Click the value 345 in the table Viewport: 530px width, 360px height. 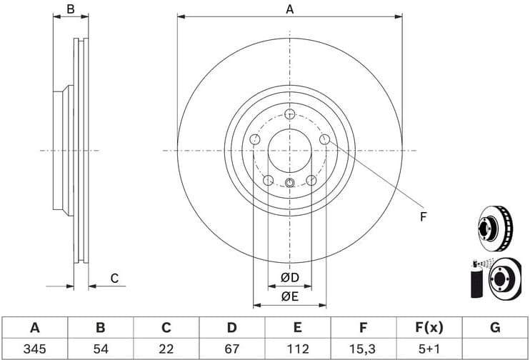(34, 349)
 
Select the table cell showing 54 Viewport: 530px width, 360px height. (101, 349)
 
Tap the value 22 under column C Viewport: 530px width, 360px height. (166, 349)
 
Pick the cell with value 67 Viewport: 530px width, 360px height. (231, 349)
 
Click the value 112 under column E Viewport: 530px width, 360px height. (297, 349)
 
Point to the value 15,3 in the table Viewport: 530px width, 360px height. (363, 349)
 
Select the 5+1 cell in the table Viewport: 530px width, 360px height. (429, 349)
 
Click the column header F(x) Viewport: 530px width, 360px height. (429, 328)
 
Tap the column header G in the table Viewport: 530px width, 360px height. (494, 328)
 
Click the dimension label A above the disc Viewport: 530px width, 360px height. (289, 9)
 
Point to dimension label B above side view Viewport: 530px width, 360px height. (70, 9)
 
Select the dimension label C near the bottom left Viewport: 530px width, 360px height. (114, 279)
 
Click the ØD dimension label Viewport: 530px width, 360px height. (289, 277)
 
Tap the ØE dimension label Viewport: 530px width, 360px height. (289, 296)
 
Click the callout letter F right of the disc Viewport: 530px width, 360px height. (422, 216)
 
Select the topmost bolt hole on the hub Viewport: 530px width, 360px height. (289, 115)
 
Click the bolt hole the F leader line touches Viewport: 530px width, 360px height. (324, 140)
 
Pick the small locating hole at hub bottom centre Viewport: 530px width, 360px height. (289, 184)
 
